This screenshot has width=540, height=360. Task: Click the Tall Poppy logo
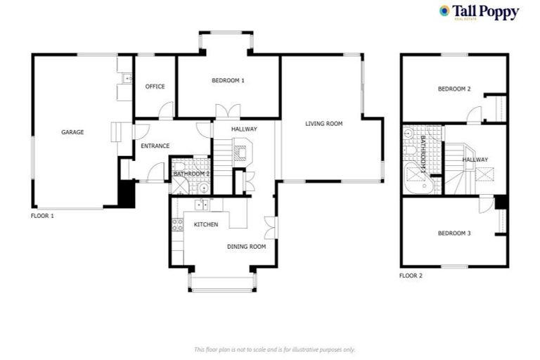[479, 13]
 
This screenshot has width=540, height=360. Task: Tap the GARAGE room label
[72, 132]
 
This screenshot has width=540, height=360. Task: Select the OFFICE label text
[155, 86]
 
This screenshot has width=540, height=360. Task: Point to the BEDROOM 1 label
[228, 81]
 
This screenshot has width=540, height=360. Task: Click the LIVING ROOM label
[323, 124]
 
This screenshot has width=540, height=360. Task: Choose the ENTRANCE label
[155, 146]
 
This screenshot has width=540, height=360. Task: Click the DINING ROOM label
[246, 247]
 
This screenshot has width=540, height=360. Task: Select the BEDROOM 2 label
[454, 89]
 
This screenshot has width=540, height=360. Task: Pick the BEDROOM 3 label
[454, 233]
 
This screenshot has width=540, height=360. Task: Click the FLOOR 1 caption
[43, 216]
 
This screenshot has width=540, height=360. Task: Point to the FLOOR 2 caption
[411, 276]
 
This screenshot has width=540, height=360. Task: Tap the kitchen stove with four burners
[178, 225]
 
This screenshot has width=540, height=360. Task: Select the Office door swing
[166, 110]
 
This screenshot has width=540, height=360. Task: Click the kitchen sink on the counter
[202, 205]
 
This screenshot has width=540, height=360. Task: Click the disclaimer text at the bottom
[274, 349]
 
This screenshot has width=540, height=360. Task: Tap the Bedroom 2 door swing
[475, 115]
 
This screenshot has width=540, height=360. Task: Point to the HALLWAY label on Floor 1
[244, 129]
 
